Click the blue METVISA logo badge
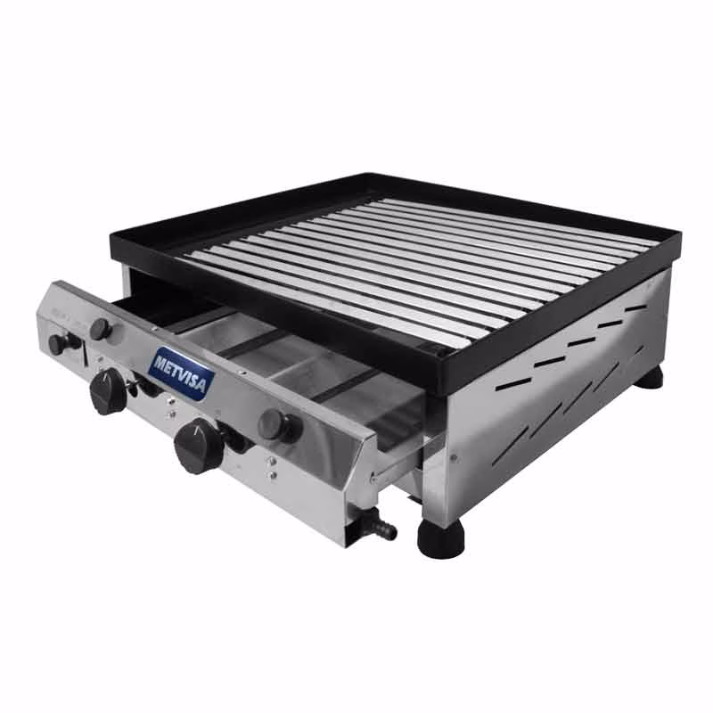182,374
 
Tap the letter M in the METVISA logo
160,363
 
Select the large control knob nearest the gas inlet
198,447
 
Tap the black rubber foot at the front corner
441,539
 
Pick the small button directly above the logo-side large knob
101,329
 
